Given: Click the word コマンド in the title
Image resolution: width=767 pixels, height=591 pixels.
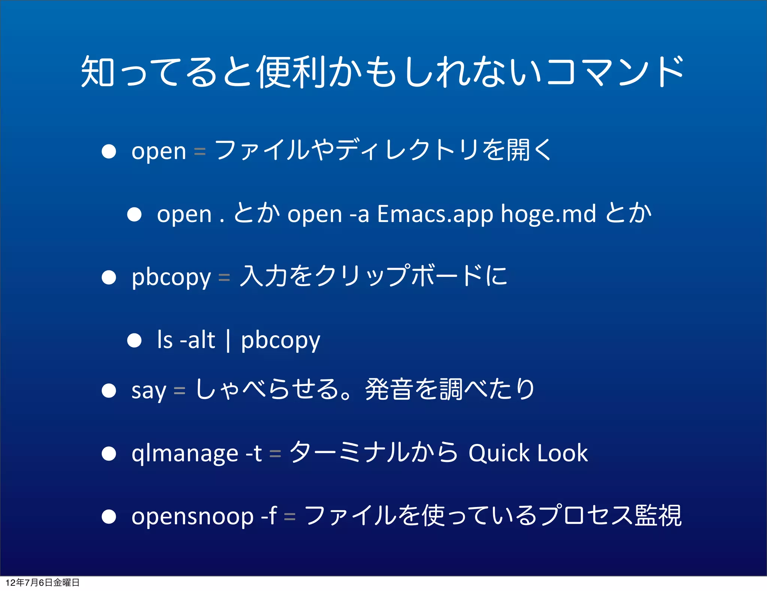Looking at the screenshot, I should tap(614, 71).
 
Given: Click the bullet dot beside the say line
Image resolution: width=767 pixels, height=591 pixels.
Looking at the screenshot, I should tap(109, 390).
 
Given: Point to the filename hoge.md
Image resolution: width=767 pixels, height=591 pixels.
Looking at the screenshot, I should tap(548, 214).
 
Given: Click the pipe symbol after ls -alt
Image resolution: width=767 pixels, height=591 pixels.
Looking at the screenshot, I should tap(228, 340).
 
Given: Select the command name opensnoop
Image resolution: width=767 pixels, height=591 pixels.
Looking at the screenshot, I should tap(192, 517).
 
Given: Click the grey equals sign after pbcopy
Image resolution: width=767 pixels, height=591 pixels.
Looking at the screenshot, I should tap(224, 277).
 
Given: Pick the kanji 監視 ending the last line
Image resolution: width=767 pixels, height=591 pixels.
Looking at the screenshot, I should tap(658, 516).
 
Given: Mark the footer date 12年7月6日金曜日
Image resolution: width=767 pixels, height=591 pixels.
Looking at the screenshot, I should tap(42, 582).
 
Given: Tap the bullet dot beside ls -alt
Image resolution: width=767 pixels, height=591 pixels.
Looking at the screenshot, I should tap(134, 340).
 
